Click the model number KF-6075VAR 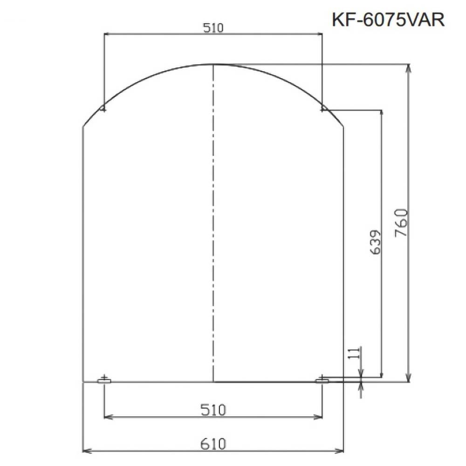pyautogui.click(x=388, y=20)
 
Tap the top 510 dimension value pyautogui.click(x=213, y=27)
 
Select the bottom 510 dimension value pyautogui.click(x=213, y=410)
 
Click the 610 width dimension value pyautogui.click(x=213, y=444)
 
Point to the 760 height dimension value pyautogui.click(x=401, y=223)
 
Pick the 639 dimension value pyautogui.click(x=375, y=241)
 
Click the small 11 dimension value pyautogui.click(x=354, y=353)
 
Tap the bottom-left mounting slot pyautogui.click(x=104, y=381)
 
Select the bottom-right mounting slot pyautogui.click(x=322, y=381)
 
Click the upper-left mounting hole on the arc pyautogui.click(x=103, y=109)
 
